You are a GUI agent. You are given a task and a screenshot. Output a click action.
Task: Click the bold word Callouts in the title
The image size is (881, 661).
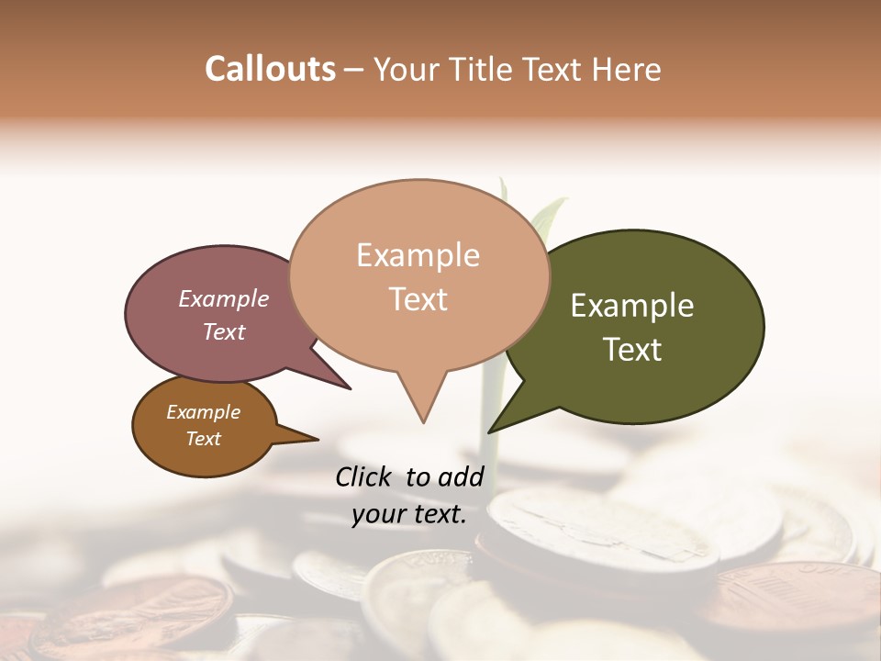tap(270, 69)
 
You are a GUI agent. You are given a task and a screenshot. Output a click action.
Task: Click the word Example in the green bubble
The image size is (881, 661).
tap(632, 306)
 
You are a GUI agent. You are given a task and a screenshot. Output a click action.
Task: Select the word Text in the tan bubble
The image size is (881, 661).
tap(418, 299)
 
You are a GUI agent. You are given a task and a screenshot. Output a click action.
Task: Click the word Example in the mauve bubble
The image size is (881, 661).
tap(224, 298)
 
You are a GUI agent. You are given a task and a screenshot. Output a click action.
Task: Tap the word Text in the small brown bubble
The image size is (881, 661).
tap(204, 439)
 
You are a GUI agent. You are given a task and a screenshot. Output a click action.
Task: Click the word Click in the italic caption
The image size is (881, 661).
tap(365, 476)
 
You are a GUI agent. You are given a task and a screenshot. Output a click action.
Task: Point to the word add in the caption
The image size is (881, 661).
tap(461, 476)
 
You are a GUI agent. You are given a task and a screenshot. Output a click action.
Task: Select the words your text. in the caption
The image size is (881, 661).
tap(409, 514)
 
